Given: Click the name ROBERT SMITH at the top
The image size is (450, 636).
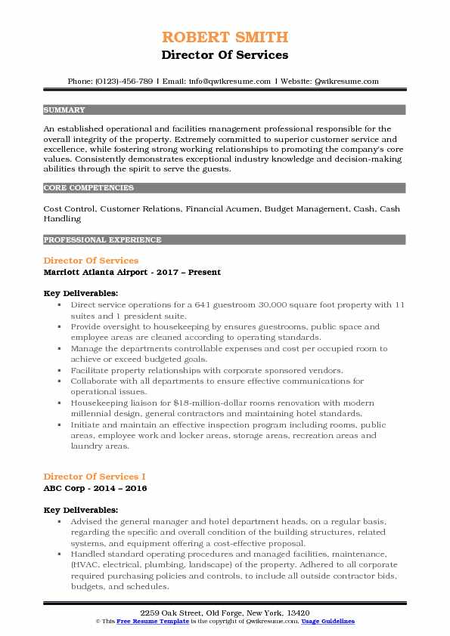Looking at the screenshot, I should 225,37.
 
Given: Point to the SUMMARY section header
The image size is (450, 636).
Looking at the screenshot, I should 64,110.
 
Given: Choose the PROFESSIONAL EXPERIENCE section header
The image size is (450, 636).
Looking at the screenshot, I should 102,239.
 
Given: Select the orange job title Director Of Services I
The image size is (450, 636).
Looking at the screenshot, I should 95,477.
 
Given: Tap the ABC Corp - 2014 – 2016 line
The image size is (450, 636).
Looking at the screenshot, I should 95,488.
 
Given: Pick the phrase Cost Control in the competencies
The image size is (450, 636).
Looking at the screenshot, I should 70,208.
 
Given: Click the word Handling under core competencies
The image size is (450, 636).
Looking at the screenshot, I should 63,218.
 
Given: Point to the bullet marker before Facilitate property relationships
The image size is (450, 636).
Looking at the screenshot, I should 58,371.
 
